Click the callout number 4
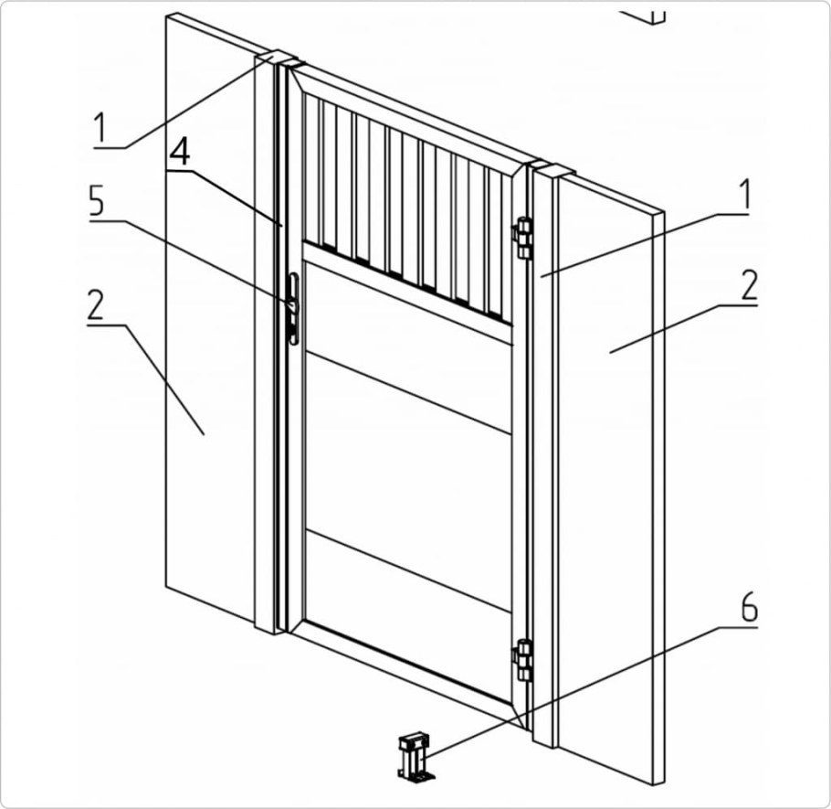[180, 153]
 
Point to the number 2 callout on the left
[95, 305]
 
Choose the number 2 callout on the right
[749, 285]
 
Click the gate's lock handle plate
[293, 309]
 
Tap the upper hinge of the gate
[522, 239]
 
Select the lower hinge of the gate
[522, 661]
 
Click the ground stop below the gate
[416, 757]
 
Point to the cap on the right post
[552, 168]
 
